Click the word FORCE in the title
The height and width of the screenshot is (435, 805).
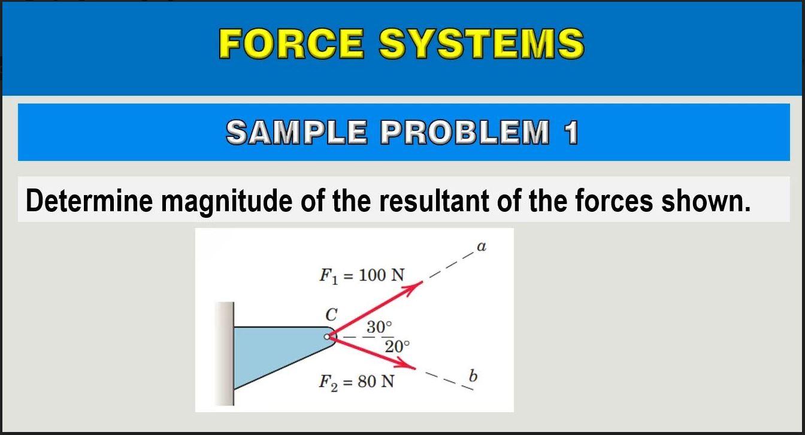pyautogui.click(x=292, y=43)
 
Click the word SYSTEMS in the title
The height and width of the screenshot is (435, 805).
pyautogui.click(x=482, y=43)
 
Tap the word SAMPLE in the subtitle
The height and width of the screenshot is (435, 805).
pyautogui.click(x=297, y=132)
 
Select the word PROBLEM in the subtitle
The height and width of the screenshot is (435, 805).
pyautogui.click(x=465, y=132)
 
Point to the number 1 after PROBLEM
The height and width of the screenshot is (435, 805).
pyautogui.click(x=571, y=132)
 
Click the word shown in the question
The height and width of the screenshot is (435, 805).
pyautogui.click(x=706, y=200)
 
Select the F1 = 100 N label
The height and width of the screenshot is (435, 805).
pyautogui.click(x=362, y=276)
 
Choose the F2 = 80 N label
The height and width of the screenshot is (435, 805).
pyautogui.click(x=356, y=382)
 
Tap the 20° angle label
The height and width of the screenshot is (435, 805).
pyautogui.click(x=397, y=346)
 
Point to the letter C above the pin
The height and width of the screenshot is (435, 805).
pyautogui.click(x=331, y=315)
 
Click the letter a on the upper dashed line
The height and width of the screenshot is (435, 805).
pyautogui.click(x=481, y=247)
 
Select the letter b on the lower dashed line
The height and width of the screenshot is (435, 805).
pyautogui.click(x=473, y=376)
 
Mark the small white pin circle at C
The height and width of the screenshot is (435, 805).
pyautogui.click(x=326, y=337)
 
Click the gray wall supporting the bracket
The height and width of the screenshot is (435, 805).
pyautogui.click(x=225, y=354)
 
